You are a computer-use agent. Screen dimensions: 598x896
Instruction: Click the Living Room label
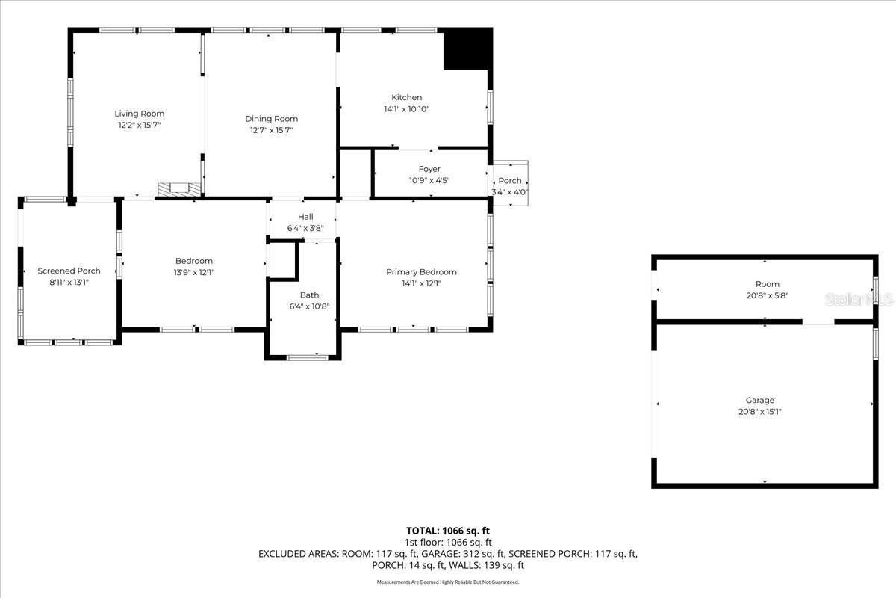[x=139, y=114]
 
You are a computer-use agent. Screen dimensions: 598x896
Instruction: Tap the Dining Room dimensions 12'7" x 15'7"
[x=271, y=130]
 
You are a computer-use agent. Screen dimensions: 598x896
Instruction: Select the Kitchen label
[x=407, y=97]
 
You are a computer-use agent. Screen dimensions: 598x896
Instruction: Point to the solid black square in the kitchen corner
[x=468, y=49]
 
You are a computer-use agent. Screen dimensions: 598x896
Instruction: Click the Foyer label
[x=429, y=169]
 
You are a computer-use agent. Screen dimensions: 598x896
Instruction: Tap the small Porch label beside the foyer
[x=510, y=181]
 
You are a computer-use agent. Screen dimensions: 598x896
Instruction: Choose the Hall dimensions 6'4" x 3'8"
[x=305, y=228]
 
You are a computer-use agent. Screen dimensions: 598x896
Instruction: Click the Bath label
[x=309, y=295]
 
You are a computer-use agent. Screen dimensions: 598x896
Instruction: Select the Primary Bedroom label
[x=421, y=272]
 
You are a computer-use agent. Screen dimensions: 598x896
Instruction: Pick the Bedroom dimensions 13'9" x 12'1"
[x=194, y=272]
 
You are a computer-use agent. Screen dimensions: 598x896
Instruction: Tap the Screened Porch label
[x=69, y=271]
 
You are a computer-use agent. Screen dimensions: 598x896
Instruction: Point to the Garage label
[x=760, y=400]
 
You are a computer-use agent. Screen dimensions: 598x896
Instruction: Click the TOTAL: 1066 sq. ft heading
[x=448, y=530]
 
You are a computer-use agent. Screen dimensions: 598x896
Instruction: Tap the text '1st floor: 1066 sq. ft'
[x=448, y=542]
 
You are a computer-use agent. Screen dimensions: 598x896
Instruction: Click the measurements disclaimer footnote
[x=448, y=582]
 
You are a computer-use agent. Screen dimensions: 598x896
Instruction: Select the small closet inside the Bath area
[x=281, y=260]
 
